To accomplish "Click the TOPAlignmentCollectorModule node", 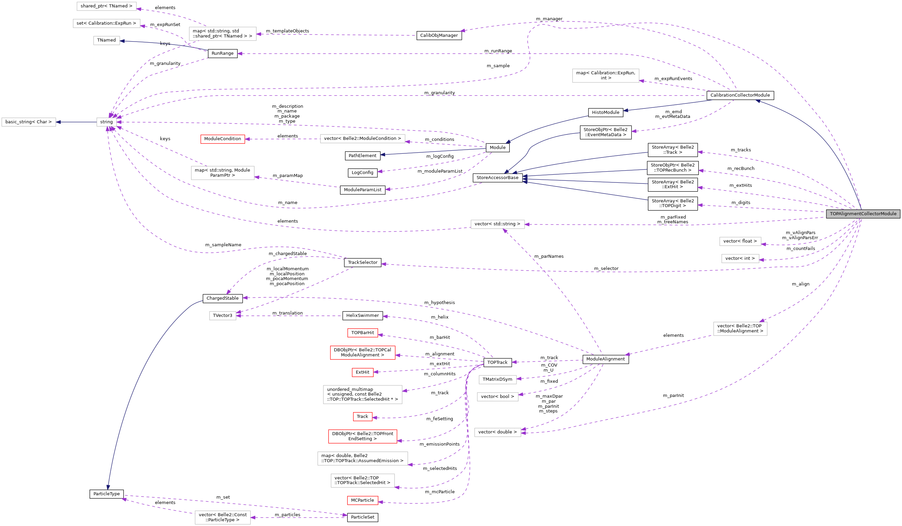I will pyautogui.click(x=863, y=214).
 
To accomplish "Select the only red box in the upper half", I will pyautogui.click(x=223, y=139).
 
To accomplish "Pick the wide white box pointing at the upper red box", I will pyautogui.click(x=362, y=139).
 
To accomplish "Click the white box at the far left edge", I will pyautogui.click(x=29, y=122).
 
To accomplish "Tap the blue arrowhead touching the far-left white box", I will pyautogui.click(x=58, y=122).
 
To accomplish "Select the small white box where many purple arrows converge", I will pyautogui.click(x=107, y=122).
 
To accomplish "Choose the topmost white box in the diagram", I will pyautogui.click(x=106, y=6).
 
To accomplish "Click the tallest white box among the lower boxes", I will pyautogui.click(x=362, y=395).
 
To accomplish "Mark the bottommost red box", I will pyautogui.click(x=362, y=500).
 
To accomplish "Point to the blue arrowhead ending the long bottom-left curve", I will pyautogui.click(x=108, y=487).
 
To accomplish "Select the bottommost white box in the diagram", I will pyautogui.click(x=223, y=518).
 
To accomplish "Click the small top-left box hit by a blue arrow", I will pyautogui.click(x=106, y=41).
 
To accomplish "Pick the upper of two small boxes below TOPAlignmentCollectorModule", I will pyautogui.click(x=740, y=242).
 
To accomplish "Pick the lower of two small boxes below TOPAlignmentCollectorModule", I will pyautogui.click(x=740, y=259).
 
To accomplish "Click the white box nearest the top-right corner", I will pyautogui.click(x=605, y=76).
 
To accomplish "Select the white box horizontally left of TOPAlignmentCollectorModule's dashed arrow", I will pyautogui.click(x=498, y=224).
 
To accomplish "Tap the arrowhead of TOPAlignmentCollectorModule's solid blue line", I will pyautogui.click(x=758, y=101).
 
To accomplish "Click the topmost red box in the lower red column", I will pyautogui.click(x=362, y=333).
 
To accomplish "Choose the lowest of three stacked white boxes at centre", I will pyautogui.click(x=498, y=432).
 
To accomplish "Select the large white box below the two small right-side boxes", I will pyautogui.click(x=740, y=329).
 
